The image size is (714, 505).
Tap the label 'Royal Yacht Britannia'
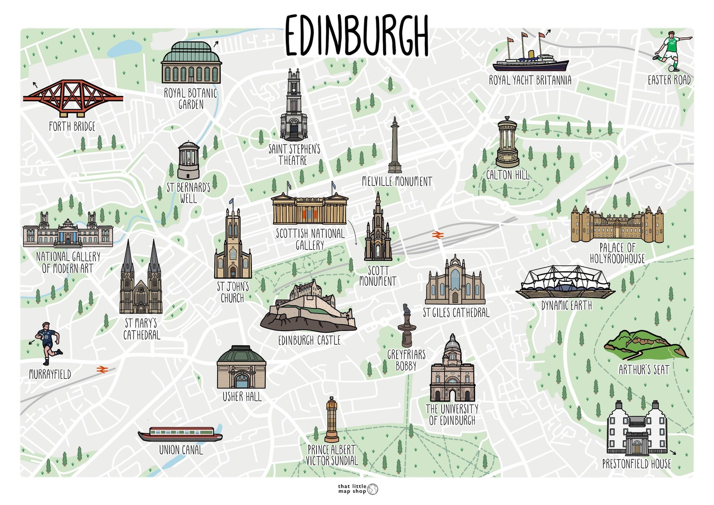click(530, 81)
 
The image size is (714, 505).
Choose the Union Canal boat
click(180, 434)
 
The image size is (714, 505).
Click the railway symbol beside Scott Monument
click(437, 234)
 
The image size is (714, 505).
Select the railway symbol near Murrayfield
click(102, 370)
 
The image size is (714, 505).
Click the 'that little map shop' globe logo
click(373, 489)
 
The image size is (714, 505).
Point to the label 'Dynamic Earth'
click(566, 306)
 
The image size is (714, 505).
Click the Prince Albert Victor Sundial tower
click(332, 419)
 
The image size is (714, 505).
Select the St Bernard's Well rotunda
click(188, 160)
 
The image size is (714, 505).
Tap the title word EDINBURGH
click(357, 36)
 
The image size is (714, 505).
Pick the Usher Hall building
click(241, 368)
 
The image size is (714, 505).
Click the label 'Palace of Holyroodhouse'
click(617, 253)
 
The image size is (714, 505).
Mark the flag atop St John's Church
click(231, 202)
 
